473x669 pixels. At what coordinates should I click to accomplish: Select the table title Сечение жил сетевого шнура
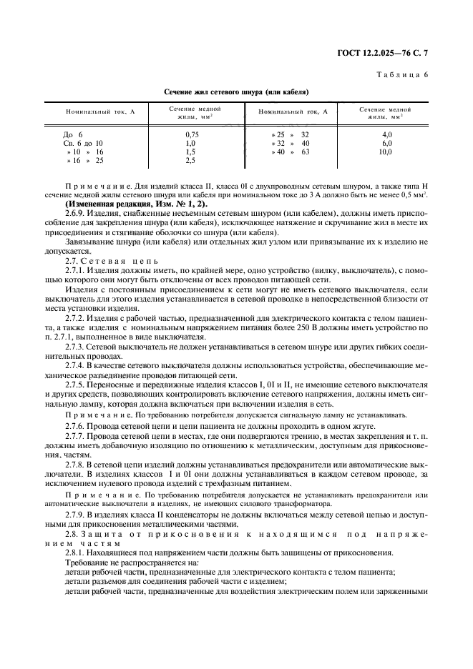tap(235, 92)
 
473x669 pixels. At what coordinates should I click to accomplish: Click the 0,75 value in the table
tap(191, 134)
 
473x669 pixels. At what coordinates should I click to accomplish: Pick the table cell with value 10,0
tap(386, 152)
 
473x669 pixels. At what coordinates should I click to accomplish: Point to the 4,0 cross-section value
tap(386, 134)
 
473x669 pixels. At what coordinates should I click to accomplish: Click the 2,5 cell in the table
tap(190, 162)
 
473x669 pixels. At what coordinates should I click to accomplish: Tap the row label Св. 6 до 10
tap(83, 143)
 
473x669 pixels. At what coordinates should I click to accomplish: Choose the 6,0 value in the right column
tap(386, 143)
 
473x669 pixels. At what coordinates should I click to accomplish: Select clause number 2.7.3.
tap(74, 347)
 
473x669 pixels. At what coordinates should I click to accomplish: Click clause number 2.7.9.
tap(74, 513)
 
